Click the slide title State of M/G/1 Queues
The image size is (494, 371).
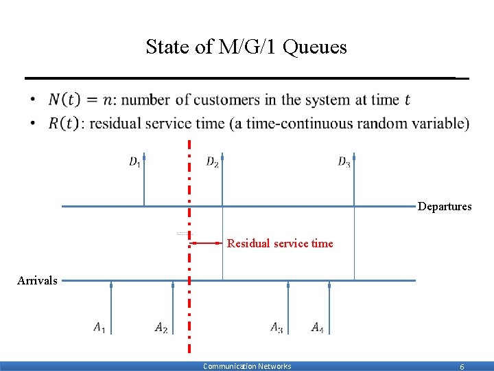point(246,47)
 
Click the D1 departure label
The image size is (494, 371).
point(134,162)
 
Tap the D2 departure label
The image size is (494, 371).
point(213,162)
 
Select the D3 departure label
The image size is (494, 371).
point(344,162)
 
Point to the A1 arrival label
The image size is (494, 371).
point(100,327)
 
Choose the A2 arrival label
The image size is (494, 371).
point(161,328)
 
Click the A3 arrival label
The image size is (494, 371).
point(277,327)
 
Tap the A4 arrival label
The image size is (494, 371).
point(318,327)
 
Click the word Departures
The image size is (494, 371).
point(445,207)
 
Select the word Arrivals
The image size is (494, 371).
point(37,280)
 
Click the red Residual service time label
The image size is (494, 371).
point(280,243)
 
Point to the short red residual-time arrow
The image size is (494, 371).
point(206,243)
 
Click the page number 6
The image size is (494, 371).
point(462,367)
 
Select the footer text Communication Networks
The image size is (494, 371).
point(247,366)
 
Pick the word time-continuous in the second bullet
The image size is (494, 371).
point(287,124)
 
